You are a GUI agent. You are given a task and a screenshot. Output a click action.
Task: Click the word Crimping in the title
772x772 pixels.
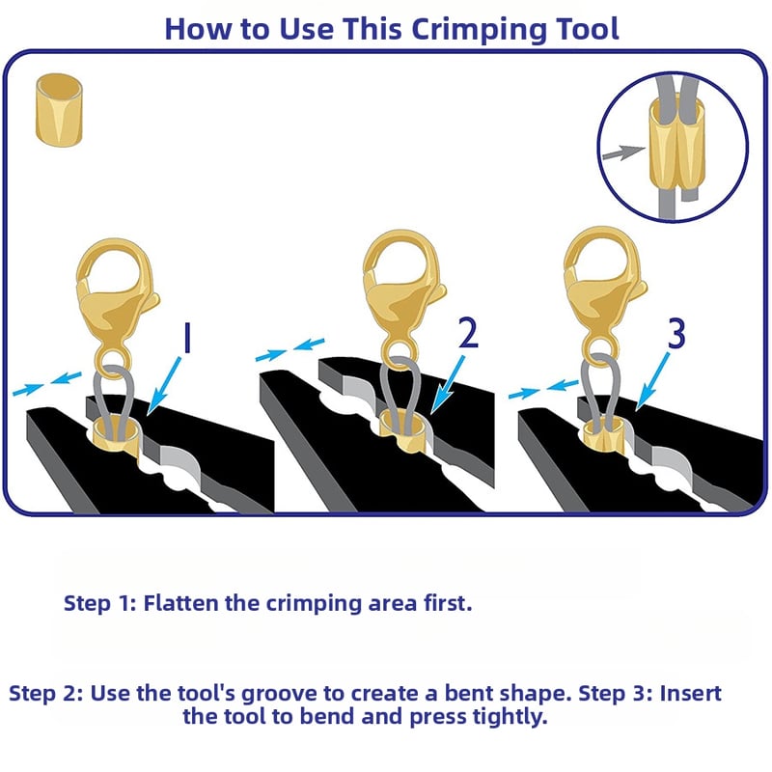coord(480,31)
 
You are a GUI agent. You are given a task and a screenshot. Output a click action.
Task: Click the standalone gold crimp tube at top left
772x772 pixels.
coord(59,110)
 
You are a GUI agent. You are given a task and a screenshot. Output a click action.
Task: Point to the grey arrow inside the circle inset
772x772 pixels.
coord(623,152)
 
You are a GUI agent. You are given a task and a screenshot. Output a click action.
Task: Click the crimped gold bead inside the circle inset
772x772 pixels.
coord(676,142)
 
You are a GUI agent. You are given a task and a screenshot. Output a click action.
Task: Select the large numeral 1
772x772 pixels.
coord(186,338)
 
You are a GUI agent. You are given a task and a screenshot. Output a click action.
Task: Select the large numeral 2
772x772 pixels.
coord(468,333)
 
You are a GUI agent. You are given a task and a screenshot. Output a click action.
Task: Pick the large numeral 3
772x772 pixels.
coord(676,334)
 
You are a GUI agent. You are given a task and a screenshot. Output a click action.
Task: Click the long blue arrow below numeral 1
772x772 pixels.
coord(164,387)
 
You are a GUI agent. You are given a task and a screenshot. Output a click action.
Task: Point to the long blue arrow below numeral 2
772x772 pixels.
coord(448,384)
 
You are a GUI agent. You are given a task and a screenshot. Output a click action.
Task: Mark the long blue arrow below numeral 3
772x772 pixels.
coord(653,381)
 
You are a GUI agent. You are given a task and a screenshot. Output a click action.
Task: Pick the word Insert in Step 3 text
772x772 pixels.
coord(690,693)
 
